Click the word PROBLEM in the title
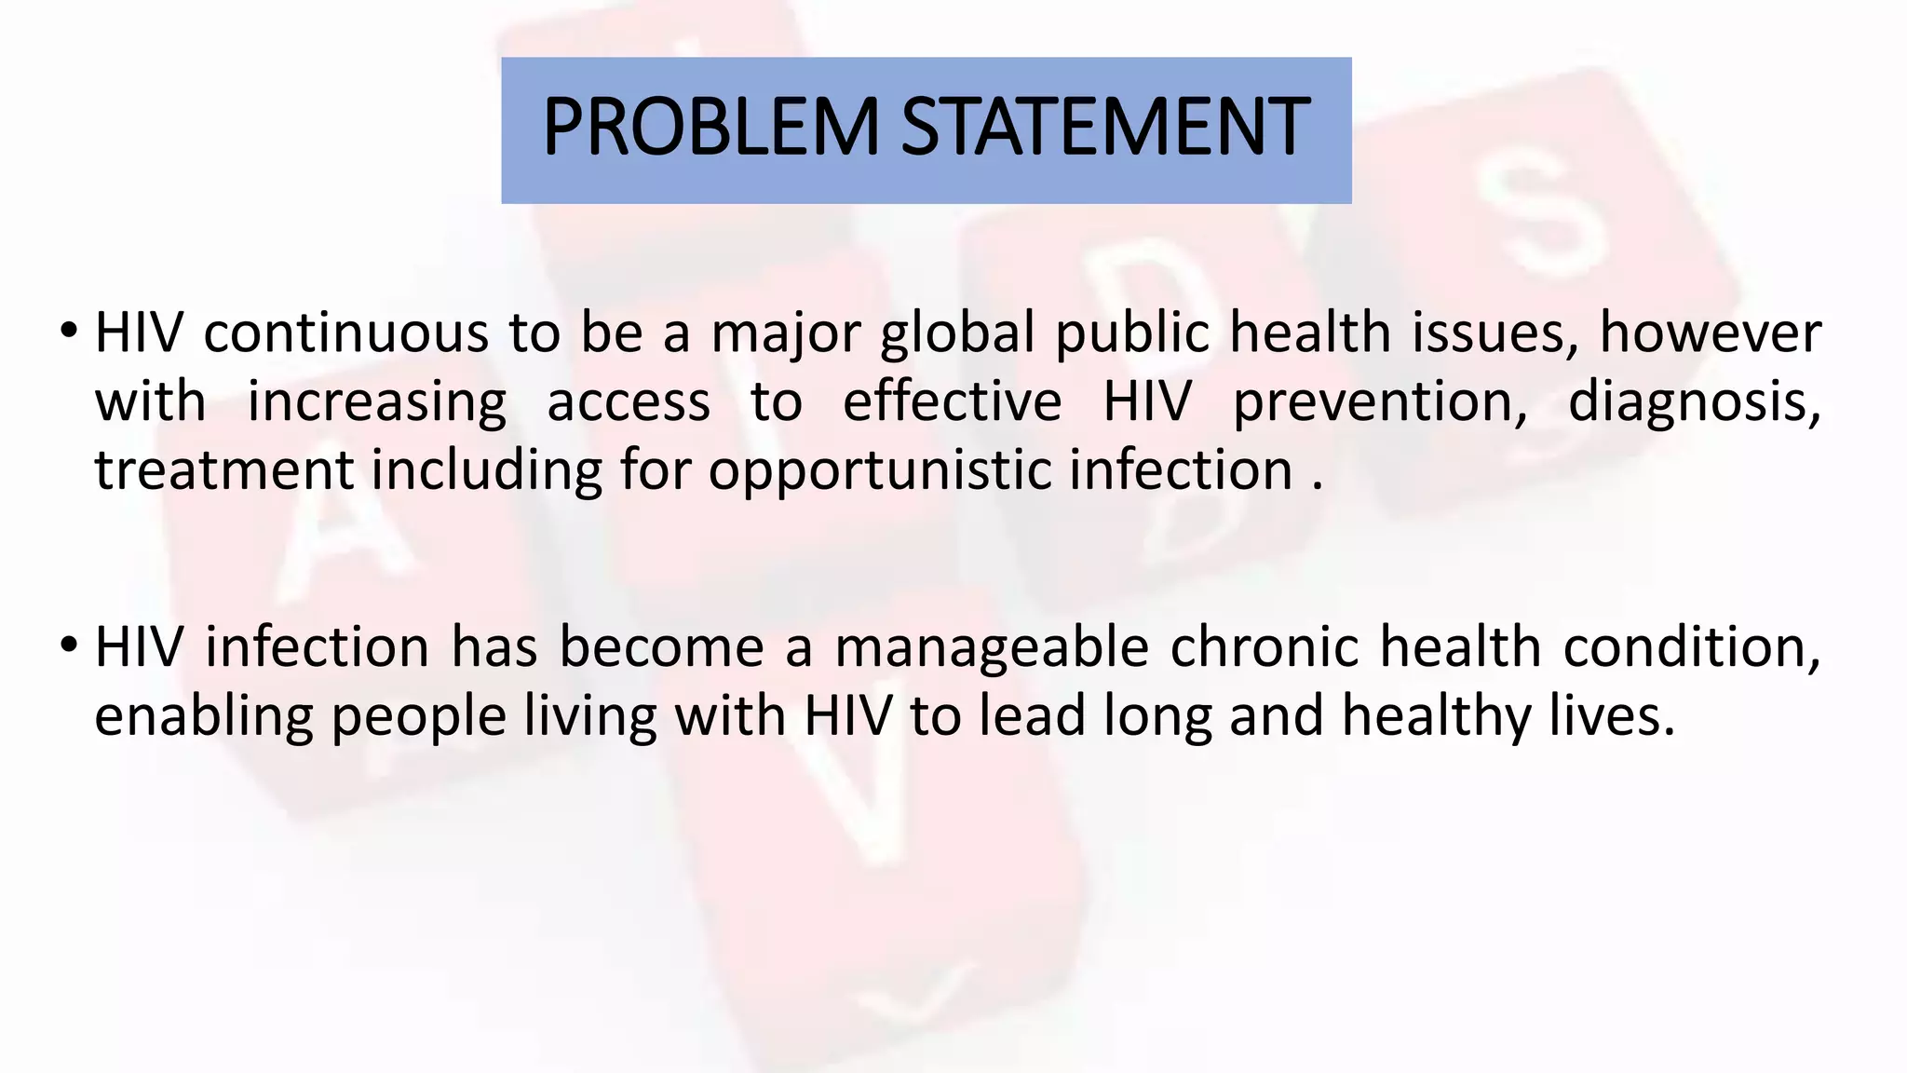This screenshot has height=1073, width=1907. tap(710, 128)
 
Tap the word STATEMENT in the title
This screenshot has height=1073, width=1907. tap(1105, 128)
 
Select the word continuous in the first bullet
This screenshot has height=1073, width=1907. tap(345, 333)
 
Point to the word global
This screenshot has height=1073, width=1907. tap(957, 334)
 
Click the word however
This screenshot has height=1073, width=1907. tap(1710, 333)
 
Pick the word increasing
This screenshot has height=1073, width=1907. tap(377, 403)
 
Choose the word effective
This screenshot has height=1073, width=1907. tap(952, 401)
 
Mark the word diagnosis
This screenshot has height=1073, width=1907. tap(1694, 403)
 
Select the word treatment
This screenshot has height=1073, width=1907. tap(223, 470)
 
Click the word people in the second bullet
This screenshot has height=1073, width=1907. tap(418, 717)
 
